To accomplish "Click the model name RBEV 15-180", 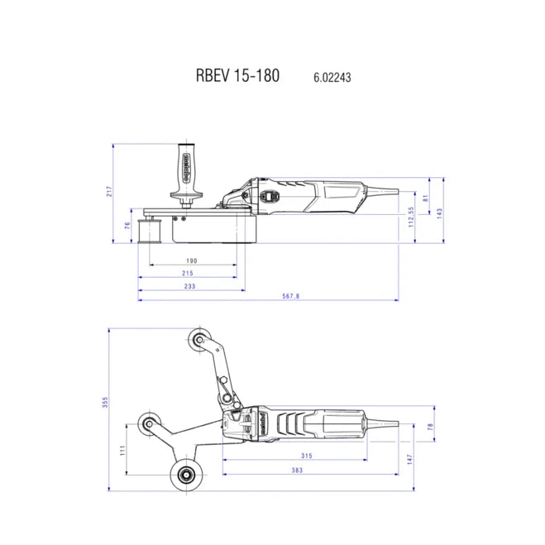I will click(237, 75).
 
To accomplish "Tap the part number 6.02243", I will click(333, 78).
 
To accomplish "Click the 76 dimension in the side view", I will click(127, 225).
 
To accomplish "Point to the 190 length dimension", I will click(191, 260).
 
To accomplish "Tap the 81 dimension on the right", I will click(426, 198).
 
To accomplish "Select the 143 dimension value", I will click(439, 212).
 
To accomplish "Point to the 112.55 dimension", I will click(410, 217).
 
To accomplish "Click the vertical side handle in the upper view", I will click(189, 170).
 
